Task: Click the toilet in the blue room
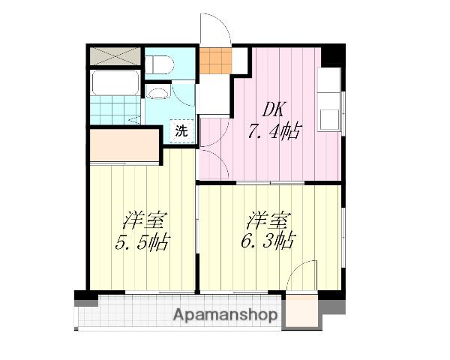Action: [159, 64]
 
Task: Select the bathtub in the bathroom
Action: [115, 82]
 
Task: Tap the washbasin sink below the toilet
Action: [160, 92]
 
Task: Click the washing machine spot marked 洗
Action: [181, 131]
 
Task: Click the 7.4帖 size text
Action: [274, 131]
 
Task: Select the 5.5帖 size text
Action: [142, 242]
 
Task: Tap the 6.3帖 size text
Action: [267, 241]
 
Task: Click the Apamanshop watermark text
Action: [225, 315]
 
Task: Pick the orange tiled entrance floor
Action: [215, 61]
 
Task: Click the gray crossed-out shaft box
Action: [115, 56]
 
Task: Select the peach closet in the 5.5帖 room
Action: [124, 145]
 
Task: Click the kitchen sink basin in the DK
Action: [329, 120]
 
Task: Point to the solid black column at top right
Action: [332, 55]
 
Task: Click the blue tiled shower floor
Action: [115, 110]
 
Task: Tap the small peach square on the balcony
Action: [302, 311]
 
